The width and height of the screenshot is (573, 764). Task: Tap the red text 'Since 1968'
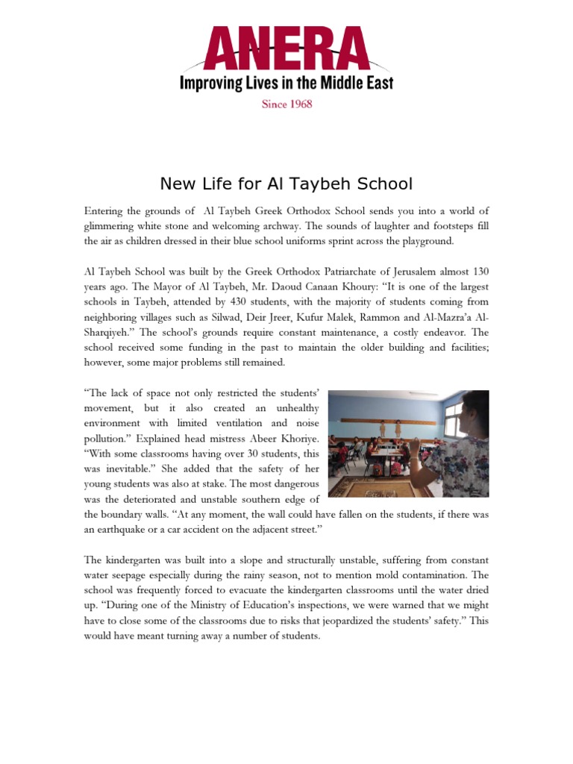click(x=286, y=104)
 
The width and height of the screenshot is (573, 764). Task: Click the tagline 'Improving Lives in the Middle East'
click(x=286, y=82)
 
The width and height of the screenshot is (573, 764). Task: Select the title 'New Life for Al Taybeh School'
click(x=286, y=184)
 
